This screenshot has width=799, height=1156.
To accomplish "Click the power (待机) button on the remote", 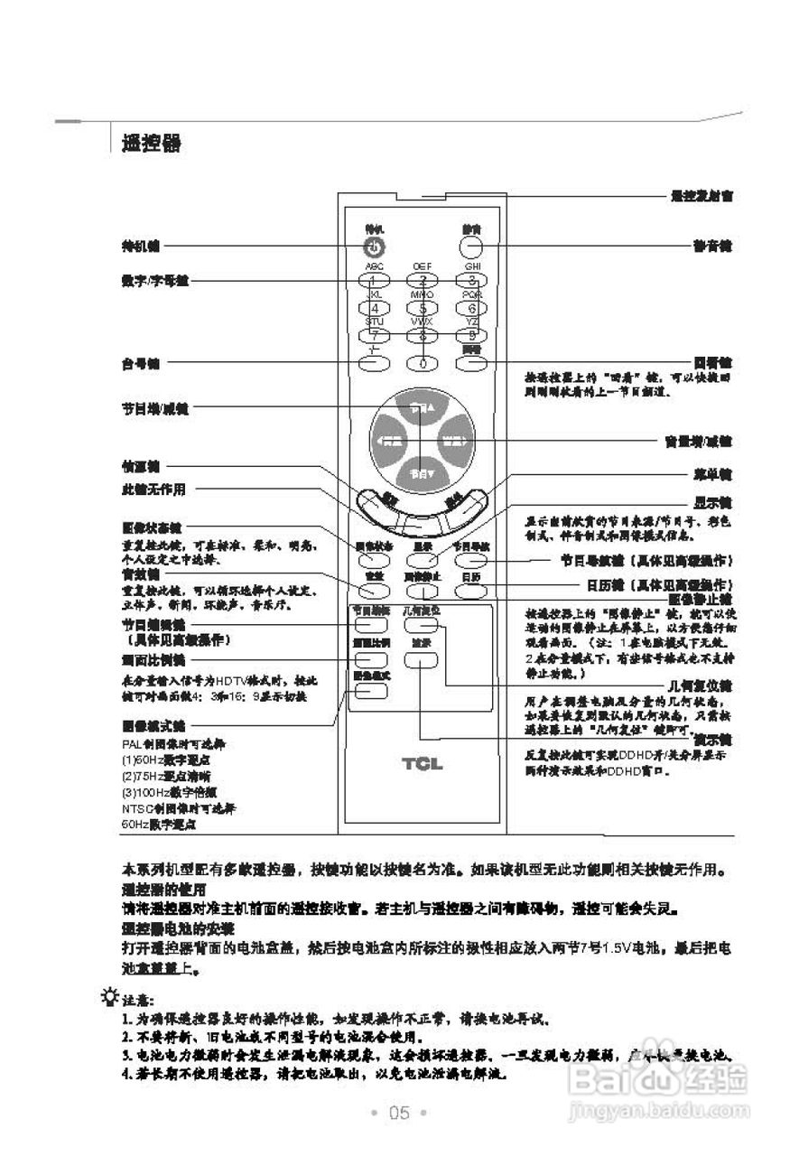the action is pyautogui.click(x=375, y=247).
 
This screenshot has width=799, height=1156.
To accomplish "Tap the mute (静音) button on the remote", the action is pyautogui.click(x=471, y=247).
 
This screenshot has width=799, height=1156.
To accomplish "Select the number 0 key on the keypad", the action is pyautogui.click(x=422, y=363).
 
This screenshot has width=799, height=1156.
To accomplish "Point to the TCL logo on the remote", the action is pyautogui.click(x=422, y=764).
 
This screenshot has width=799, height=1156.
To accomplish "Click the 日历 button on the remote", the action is pyautogui.click(x=470, y=591).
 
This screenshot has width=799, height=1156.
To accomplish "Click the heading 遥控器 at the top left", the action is pyautogui.click(x=151, y=144).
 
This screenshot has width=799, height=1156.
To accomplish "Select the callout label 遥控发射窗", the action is pyautogui.click(x=701, y=195).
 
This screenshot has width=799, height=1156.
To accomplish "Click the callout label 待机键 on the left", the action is pyautogui.click(x=141, y=246).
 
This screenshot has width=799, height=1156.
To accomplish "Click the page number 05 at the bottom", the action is pyautogui.click(x=399, y=1112).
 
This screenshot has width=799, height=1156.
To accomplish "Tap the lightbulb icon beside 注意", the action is pyautogui.click(x=110, y=996).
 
